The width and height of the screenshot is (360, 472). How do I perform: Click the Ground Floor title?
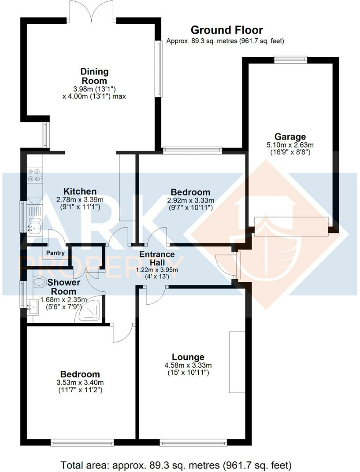(226, 30)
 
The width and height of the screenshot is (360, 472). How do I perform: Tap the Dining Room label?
(94, 76)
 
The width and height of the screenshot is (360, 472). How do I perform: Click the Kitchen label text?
(80, 192)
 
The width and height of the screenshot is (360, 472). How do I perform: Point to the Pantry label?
(54, 253)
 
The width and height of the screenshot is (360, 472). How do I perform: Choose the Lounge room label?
(188, 357)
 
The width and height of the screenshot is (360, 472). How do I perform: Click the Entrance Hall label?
(157, 259)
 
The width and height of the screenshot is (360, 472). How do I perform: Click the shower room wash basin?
(32, 306)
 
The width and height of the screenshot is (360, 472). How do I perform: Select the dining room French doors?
(92, 11)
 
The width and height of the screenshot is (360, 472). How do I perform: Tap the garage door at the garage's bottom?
(291, 226)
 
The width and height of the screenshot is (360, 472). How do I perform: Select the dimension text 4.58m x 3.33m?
(188, 365)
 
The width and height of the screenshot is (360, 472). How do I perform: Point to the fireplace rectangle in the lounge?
(237, 361)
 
